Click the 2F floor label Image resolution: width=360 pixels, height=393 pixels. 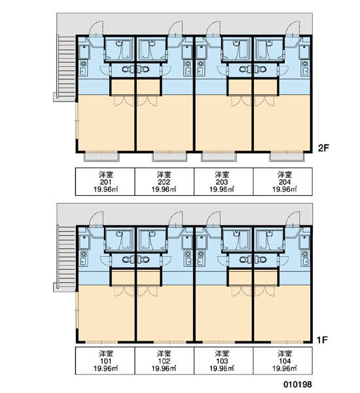pos(323,148)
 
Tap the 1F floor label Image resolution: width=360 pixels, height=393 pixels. pos(322,340)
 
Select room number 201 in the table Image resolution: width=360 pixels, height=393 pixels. pos(105,182)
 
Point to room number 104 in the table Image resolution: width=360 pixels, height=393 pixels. pos(285,361)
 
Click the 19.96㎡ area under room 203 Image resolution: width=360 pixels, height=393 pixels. pos(222,189)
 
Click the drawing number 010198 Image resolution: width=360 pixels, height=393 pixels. pos(298,384)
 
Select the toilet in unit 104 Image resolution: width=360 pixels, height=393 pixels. pos(261,259)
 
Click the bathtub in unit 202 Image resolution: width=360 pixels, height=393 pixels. pos(145,49)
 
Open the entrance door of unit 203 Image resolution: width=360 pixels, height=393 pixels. pos(213,28)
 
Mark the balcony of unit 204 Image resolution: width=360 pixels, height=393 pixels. pos(287,157)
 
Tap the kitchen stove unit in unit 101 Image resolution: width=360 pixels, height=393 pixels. pos(83,258)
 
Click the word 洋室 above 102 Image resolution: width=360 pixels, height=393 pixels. pos(164,354)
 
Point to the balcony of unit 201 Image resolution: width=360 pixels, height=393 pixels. pos(101,157)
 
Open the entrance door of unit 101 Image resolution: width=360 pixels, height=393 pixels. pos(96,219)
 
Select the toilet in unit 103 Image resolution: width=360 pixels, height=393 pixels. pos(245,259)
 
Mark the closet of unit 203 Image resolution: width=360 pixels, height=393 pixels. pos(240,87)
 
